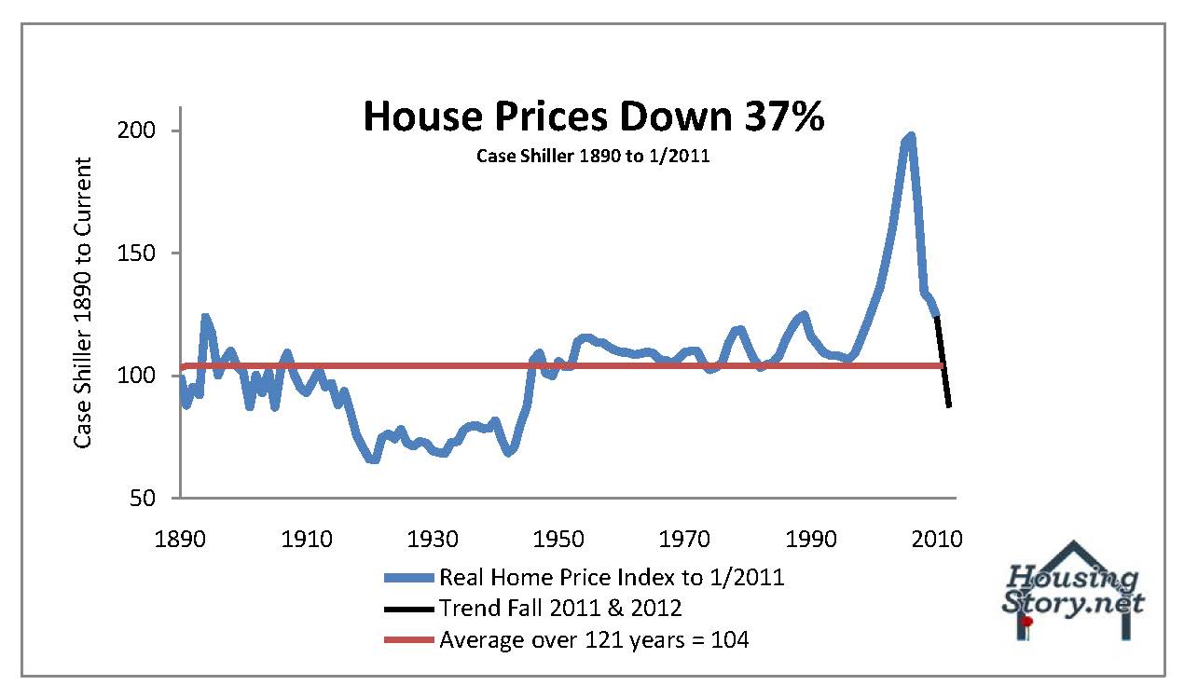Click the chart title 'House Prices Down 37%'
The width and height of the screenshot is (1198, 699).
(x=593, y=117)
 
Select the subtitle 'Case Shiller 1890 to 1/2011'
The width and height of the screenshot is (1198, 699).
(x=593, y=156)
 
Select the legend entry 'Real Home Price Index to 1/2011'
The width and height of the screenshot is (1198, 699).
(x=611, y=577)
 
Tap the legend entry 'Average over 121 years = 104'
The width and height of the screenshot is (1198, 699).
(x=593, y=640)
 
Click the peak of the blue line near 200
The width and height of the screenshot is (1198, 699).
(x=910, y=137)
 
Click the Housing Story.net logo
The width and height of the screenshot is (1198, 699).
(x=1075, y=592)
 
